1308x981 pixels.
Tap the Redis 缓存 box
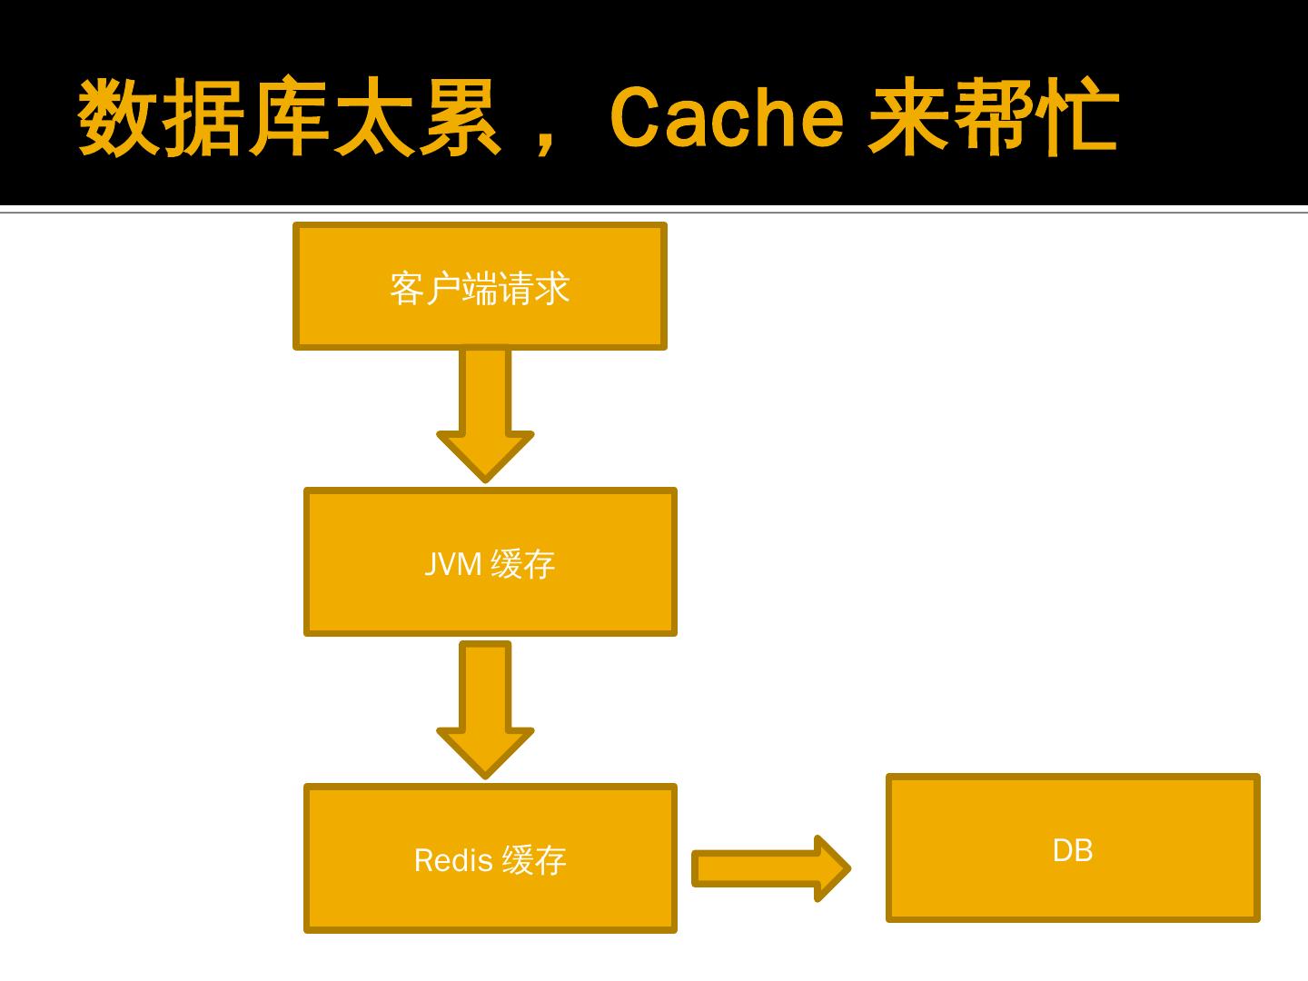click(490, 899)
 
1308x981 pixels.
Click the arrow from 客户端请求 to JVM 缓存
click(485, 409)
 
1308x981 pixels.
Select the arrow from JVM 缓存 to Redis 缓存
click(485, 705)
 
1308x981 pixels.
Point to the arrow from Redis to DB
click(763, 868)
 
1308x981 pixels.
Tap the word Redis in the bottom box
click(453, 860)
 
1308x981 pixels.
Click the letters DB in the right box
click(1073, 851)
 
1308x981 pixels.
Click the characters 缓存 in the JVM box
click(523, 564)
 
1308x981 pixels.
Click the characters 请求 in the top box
click(534, 289)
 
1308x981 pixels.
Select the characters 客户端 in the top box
click(443, 289)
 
